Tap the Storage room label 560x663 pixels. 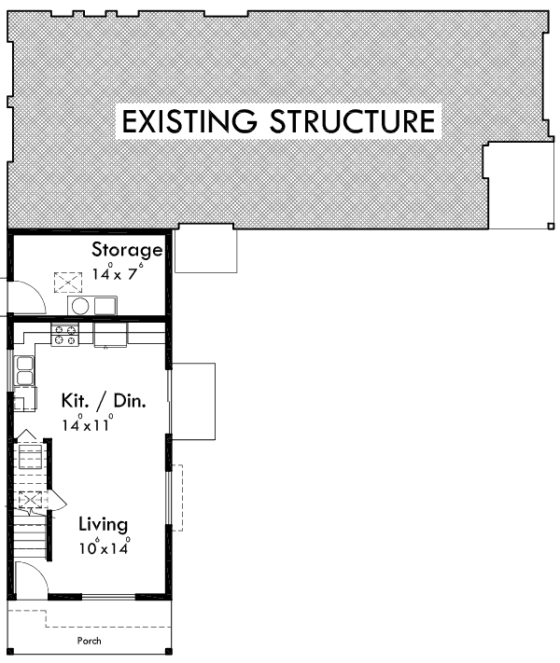point(127,250)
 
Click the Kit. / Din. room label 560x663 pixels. point(103,400)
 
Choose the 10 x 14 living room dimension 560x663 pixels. point(104,547)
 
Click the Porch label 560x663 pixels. point(90,642)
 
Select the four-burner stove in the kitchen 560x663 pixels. point(64,336)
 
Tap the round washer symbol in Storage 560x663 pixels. point(80,306)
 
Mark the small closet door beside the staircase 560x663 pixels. point(53,501)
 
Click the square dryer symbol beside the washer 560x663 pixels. point(104,306)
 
